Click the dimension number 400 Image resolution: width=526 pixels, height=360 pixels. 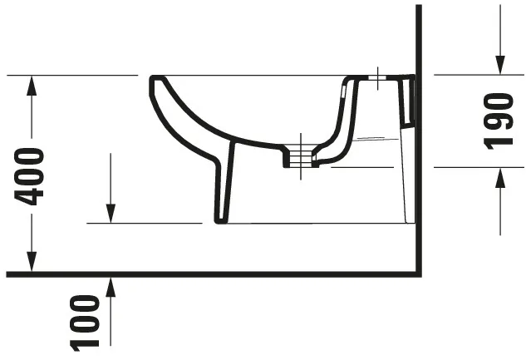[31, 175]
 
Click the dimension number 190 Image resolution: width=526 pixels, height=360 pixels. [499, 121]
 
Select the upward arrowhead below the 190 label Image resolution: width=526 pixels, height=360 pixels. [499, 176]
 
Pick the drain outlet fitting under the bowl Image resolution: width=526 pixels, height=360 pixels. [297, 155]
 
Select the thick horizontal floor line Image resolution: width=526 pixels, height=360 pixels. [208, 274]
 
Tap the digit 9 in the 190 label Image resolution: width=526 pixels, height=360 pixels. [499, 121]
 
